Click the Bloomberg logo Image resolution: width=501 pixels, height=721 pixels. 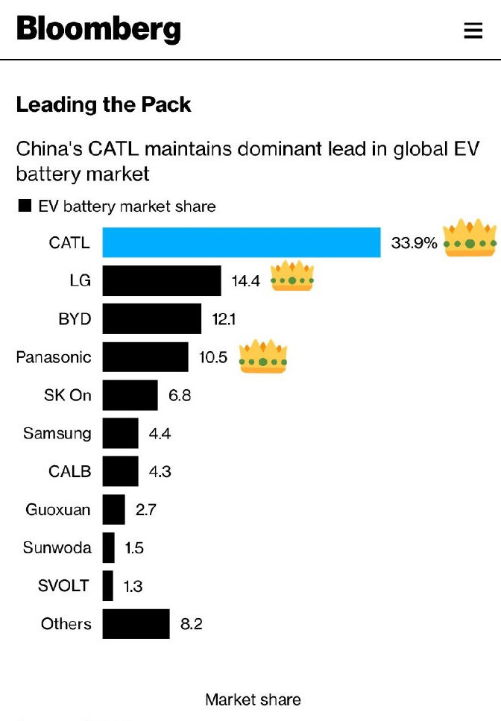(x=98, y=29)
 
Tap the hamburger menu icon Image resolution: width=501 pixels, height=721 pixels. (x=473, y=31)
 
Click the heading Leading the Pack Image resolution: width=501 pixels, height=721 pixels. (x=104, y=104)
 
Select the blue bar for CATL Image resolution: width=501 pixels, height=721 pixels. (x=242, y=242)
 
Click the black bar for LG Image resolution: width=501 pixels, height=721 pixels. (x=162, y=281)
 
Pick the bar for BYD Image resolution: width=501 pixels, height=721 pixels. (x=152, y=319)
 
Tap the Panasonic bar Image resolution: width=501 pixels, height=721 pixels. (x=145, y=357)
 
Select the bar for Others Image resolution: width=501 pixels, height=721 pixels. (x=136, y=624)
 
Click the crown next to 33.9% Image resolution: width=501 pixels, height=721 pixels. (x=469, y=238)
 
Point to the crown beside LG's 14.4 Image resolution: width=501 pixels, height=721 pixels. (x=292, y=276)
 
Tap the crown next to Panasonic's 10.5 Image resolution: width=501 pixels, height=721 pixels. (x=262, y=356)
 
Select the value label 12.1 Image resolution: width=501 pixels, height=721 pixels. (x=224, y=319)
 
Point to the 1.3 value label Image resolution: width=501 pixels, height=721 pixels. (x=133, y=586)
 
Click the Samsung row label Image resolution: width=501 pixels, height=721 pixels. (x=57, y=433)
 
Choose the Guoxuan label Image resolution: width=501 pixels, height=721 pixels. (x=58, y=510)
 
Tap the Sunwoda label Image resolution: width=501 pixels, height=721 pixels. (x=57, y=548)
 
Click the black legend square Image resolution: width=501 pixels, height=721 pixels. (x=25, y=206)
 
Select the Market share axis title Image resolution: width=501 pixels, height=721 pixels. (x=253, y=699)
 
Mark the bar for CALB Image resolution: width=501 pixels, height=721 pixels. (x=120, y=471)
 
